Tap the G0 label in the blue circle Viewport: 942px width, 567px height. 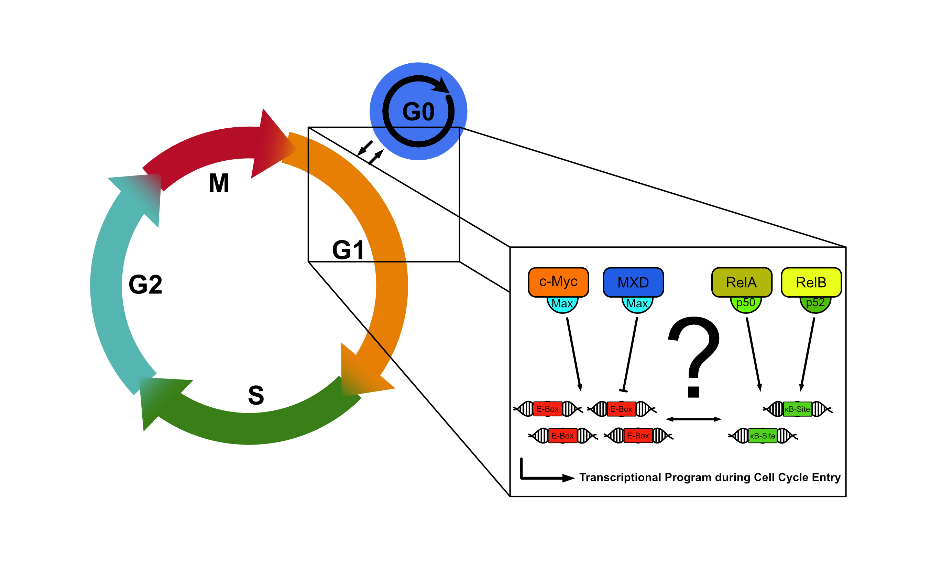click(x=418, y=111)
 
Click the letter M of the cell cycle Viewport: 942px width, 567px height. click(x=219, y=183)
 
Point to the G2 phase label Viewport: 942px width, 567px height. click(x=145, y=285)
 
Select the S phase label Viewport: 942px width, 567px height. click(x=256, y=395)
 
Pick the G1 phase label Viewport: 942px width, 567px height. click(x=348, y=250)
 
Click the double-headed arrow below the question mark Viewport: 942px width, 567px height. click(x=693, y=419)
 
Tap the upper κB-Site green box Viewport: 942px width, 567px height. click(x=797, y=409)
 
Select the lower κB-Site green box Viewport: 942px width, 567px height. click(x=762, y=436)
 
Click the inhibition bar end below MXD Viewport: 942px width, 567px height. click(x=623, y=391)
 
